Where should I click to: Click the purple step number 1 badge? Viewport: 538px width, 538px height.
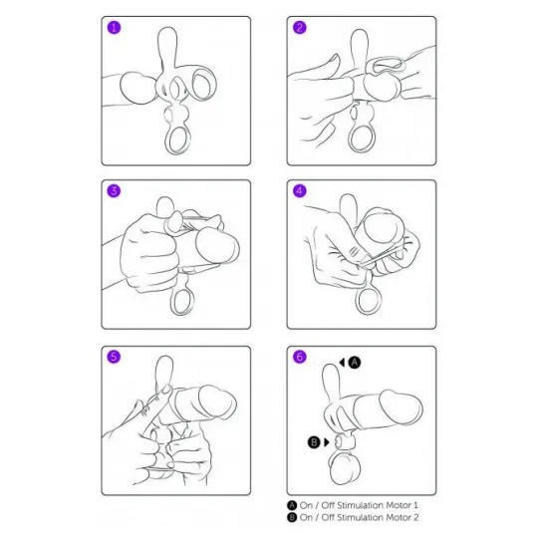pos(115,28)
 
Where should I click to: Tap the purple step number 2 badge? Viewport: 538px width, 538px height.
pos(300,28)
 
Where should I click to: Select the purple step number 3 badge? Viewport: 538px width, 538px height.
pos(115,190)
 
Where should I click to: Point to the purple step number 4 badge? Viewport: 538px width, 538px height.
pos(300,190)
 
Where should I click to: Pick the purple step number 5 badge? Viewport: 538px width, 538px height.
pos(115,357)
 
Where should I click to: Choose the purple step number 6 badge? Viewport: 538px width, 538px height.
pos(300,357)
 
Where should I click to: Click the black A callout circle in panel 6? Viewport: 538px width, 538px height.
pos(355,363)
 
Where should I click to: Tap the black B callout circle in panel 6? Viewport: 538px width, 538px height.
pos(314,442)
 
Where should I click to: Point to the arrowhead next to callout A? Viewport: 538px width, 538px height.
pos(342,363)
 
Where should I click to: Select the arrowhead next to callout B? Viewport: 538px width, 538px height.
pos(327,442)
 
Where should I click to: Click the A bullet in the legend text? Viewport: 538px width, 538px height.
pos(292,505)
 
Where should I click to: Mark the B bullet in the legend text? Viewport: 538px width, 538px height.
pos(292,517)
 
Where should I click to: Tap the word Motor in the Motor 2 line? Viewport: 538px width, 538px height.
pos(399,517)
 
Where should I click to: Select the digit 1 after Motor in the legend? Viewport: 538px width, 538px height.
pos(415,505)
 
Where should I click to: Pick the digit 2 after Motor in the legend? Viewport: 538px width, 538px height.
pos(415,517)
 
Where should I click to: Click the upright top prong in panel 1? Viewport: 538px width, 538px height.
pos(167,46)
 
